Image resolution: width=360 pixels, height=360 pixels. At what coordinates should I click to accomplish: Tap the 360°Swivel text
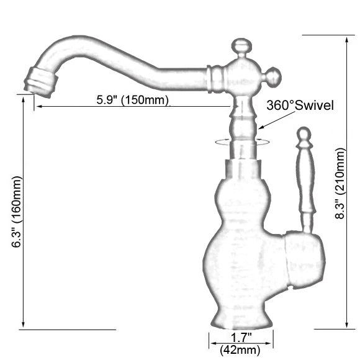point(300,106)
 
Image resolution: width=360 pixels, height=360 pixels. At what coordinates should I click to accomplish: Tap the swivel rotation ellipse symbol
point(241,142)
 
